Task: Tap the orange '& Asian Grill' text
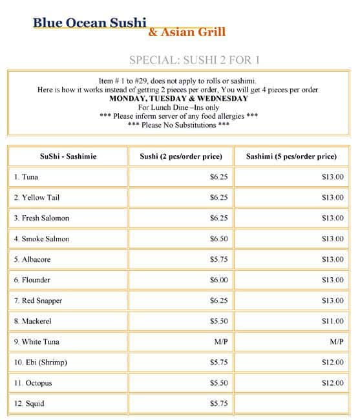187,32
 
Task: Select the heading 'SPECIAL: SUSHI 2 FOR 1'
194,60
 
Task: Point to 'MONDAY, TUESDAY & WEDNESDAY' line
178,98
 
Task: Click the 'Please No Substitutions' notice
178,125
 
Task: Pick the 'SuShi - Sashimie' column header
68,156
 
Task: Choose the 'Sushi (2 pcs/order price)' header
181,156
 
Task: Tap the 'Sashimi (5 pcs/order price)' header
291,156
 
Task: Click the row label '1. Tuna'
26,176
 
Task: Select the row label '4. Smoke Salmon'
41,238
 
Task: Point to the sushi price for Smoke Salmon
218,238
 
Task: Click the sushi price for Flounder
218,280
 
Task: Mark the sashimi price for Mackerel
333,321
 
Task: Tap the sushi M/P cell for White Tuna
221,342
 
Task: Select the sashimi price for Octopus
333,383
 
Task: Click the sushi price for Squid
218,404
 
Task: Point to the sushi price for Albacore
218,259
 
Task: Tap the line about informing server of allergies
178,116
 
